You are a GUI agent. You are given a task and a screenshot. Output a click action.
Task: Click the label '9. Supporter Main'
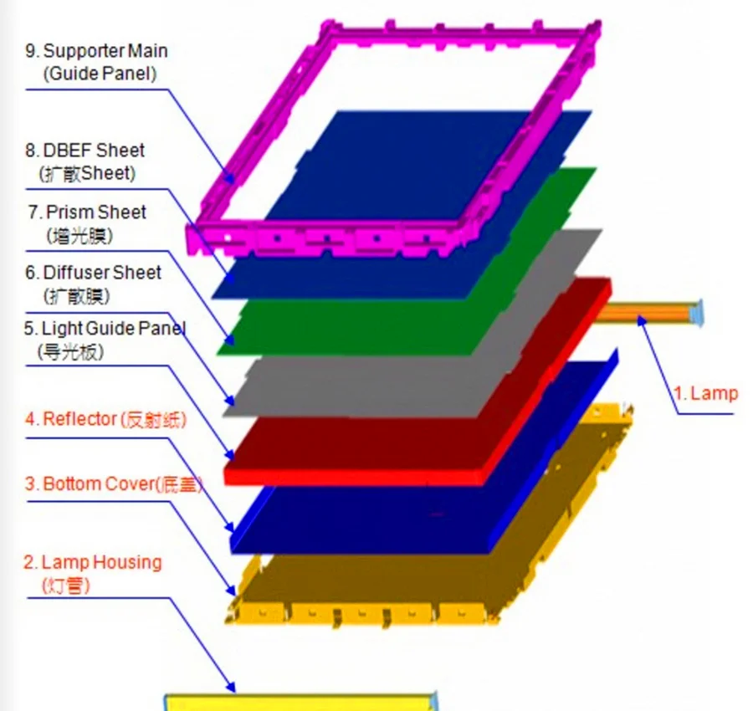[x=96, y=51]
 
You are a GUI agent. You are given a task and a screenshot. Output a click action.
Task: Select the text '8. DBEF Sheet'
[x=85, y=151]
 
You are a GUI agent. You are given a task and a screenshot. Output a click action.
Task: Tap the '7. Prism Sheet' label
[x=87, y=212]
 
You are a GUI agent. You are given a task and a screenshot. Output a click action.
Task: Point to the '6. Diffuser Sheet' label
[x=93, y=273]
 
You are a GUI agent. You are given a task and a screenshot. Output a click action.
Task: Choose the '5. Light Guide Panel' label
[x=105, y=329]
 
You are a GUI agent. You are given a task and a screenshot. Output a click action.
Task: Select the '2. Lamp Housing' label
[x=93, y=562]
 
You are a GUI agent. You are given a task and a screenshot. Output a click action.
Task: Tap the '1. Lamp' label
[x=705, y=394]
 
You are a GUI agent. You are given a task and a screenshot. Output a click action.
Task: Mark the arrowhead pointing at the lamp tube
[x=642, y=320]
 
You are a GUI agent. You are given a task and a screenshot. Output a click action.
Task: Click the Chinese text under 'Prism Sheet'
[x=79, y=236]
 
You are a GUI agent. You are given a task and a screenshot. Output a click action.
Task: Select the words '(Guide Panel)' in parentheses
[x=100, y=74]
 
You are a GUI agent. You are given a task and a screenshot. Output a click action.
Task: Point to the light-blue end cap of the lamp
[x=697, y=313]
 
